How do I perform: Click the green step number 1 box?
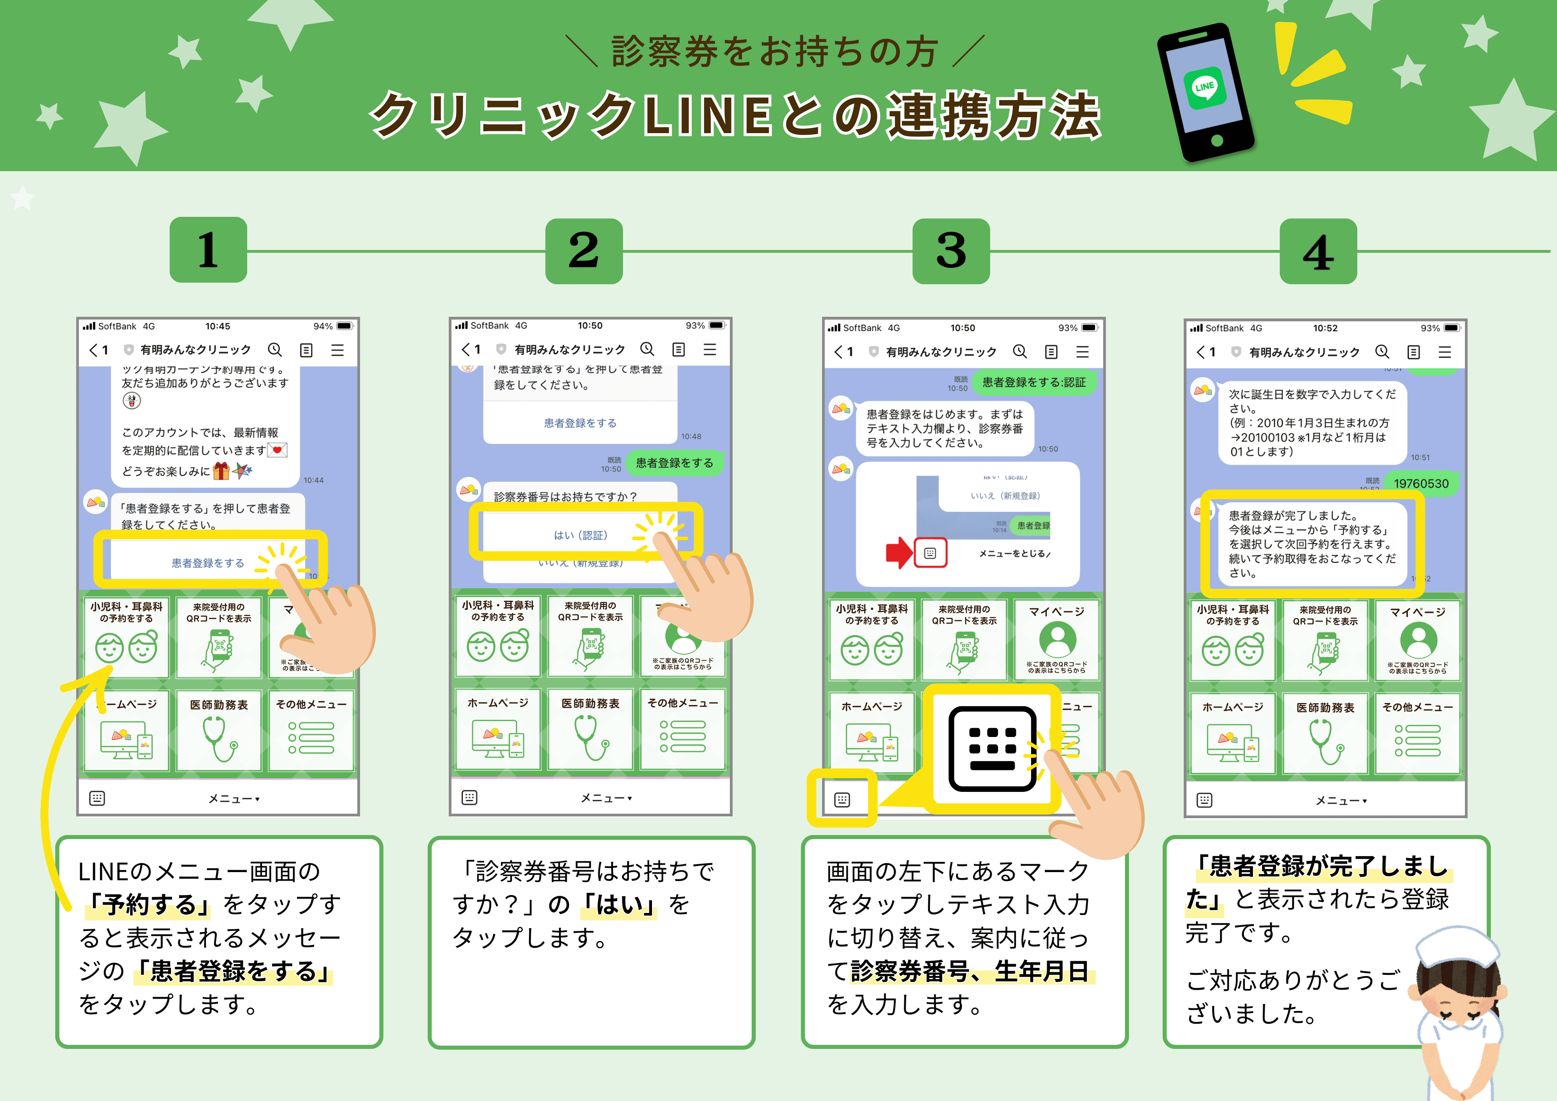208,250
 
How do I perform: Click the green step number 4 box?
1318,252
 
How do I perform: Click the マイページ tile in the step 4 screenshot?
1417,640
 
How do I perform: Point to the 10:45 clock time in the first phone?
218,326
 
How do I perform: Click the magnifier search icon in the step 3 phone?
1019,352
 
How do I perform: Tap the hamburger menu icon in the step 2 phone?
709,349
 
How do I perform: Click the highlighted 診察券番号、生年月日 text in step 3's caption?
969,971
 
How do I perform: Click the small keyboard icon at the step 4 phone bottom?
1204,800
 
